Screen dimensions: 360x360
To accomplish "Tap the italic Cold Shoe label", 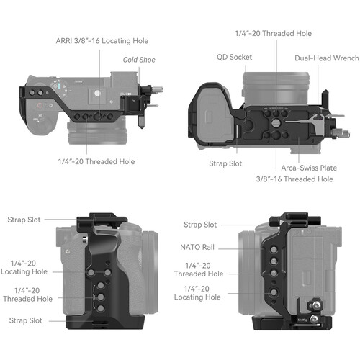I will click(138, 60).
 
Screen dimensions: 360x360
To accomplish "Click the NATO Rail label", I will click(197, 246).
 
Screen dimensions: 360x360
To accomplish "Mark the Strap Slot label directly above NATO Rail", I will click(200, 225).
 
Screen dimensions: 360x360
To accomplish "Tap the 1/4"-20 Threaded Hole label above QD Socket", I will click(273, 33).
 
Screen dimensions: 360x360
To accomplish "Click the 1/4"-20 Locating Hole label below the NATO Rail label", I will click(198, 292).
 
